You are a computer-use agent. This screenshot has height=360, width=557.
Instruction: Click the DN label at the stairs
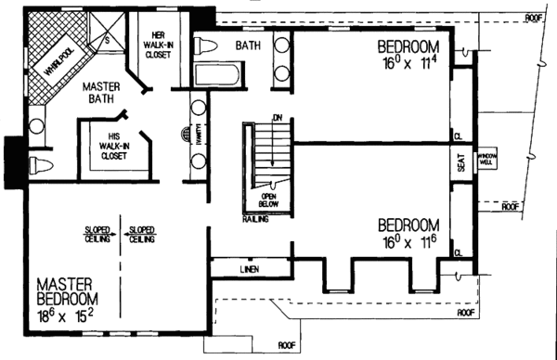277,117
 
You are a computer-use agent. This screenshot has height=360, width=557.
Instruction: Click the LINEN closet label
250,269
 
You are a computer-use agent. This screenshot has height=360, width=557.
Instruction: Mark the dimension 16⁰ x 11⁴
410,62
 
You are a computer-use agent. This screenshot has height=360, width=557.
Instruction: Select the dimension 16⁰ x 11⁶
409,241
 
